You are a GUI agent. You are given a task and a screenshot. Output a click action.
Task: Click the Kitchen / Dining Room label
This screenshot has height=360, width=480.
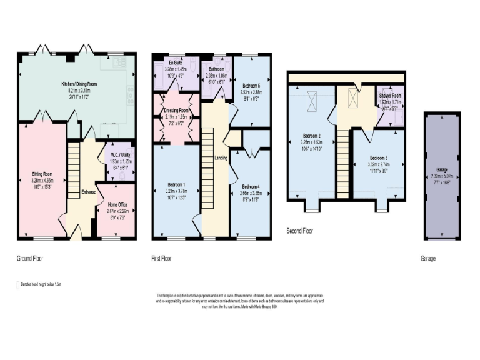pos(79,83)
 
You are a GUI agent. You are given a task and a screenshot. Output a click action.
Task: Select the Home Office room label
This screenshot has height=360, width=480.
pos(118,204)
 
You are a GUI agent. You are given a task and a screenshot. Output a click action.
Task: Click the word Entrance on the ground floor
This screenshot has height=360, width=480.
pos(89,192)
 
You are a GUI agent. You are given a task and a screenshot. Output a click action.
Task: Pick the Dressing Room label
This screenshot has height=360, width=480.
pos(177,110)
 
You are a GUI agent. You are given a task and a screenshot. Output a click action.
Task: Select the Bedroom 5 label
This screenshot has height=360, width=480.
pos(251,86)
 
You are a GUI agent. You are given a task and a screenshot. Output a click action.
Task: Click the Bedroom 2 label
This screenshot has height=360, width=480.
pos(312,136)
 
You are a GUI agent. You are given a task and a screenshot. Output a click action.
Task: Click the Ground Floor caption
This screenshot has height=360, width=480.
pos(30,257)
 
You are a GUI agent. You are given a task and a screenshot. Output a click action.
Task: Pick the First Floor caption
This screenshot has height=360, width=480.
pos(161,257)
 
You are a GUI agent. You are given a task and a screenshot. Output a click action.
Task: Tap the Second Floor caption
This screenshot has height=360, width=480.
pos(300,231)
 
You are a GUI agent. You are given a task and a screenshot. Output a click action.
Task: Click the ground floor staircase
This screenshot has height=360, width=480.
pos(74,169)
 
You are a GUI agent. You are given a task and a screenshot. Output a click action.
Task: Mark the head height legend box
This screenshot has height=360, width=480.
pos(17,284)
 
